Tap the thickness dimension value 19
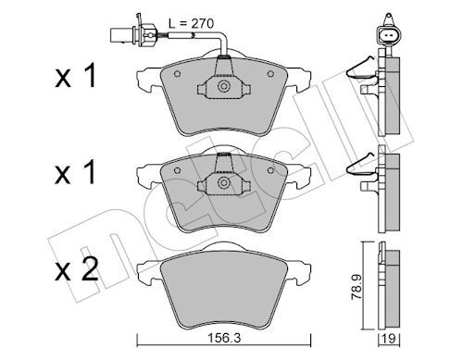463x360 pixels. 394,339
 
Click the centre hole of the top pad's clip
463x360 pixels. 223,87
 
